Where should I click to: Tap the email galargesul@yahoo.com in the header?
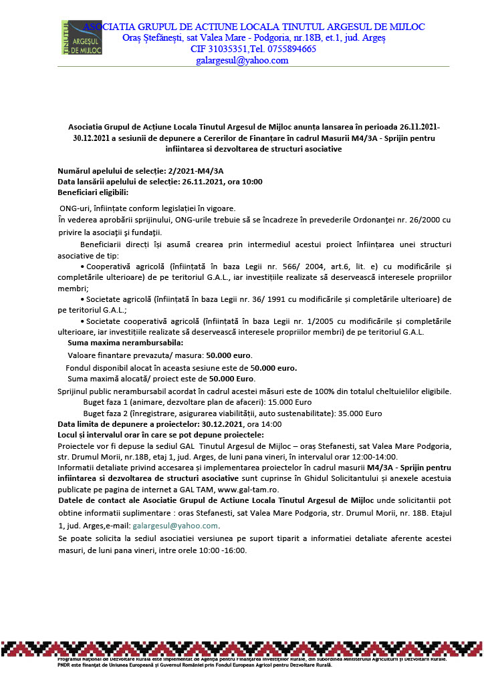(x=242, y=60)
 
